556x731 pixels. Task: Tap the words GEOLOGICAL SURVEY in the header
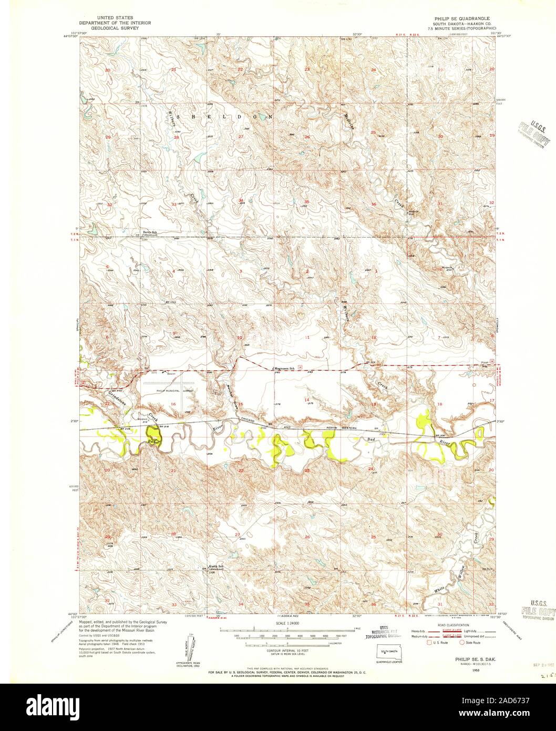point(109,27)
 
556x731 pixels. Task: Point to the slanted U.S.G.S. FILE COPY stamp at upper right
point(533,133)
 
